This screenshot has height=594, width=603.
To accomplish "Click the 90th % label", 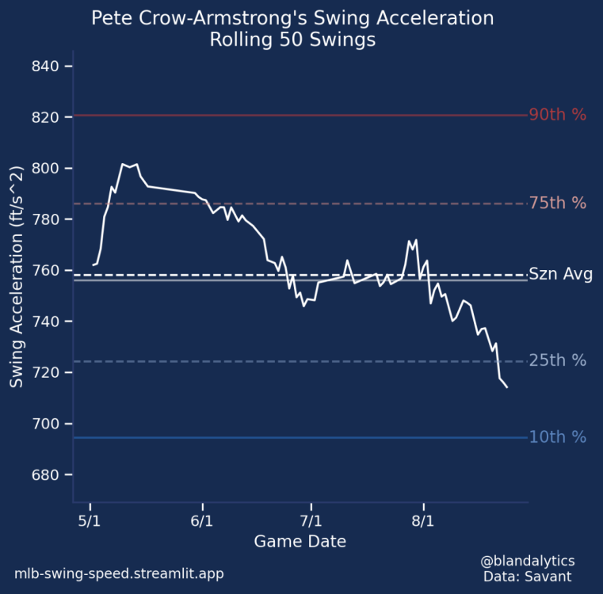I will point(558,115).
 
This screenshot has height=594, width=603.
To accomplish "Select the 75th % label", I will point(558,204).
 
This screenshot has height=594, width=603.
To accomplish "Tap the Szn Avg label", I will point(560,275).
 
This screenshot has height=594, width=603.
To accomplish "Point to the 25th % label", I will point(558,361).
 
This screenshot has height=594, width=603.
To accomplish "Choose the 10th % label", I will point(558,437).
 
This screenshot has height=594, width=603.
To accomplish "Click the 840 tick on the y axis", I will point(47,67).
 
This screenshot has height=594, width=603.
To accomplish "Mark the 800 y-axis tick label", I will point(47,169).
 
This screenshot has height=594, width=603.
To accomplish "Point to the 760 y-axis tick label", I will point(47,271).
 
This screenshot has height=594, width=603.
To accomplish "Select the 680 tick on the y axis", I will point(47,475).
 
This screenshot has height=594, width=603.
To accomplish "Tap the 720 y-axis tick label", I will point(47,373).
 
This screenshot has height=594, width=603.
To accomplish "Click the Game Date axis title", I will point(300,542).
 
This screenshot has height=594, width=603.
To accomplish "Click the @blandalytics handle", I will point(527,560).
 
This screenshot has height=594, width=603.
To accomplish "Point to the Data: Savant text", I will point(527,576).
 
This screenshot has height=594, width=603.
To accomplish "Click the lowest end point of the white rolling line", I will point(507,386).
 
